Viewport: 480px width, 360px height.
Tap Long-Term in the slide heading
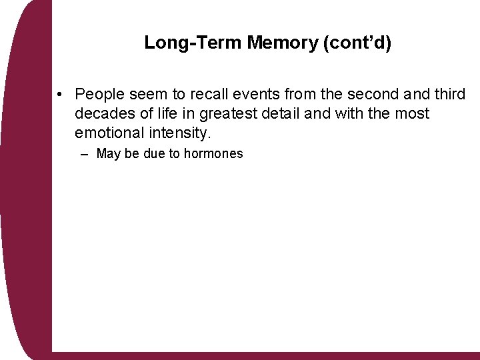[x=193, y=43]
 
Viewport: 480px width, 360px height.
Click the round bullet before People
[x=60, y=94]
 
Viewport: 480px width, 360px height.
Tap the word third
[x=448, y=95]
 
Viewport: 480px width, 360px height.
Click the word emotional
[x=107, y=133]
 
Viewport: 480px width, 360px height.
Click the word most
[x=413, y=114]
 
